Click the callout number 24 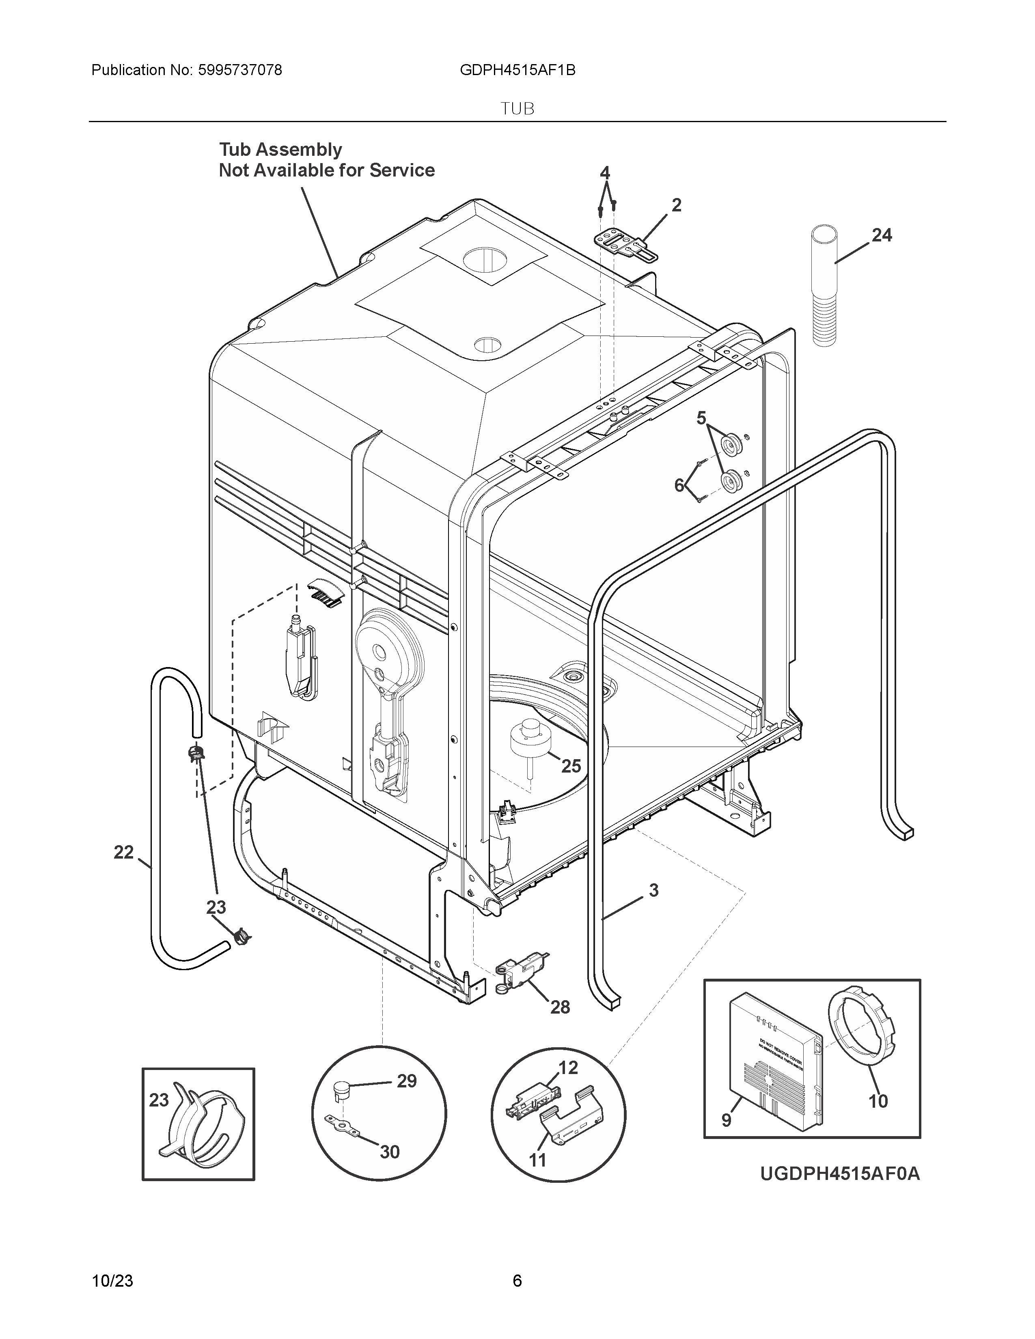click(882, 235)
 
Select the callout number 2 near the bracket click(676, 205)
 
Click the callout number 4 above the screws click(605, 173)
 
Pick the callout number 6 click(679, 486)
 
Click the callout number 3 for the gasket click(653, 890)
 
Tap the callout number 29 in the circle click(407, 1081)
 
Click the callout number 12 click(568, 1068)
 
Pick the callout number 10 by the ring click(878, 1101)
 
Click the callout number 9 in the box click(726, 1120)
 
